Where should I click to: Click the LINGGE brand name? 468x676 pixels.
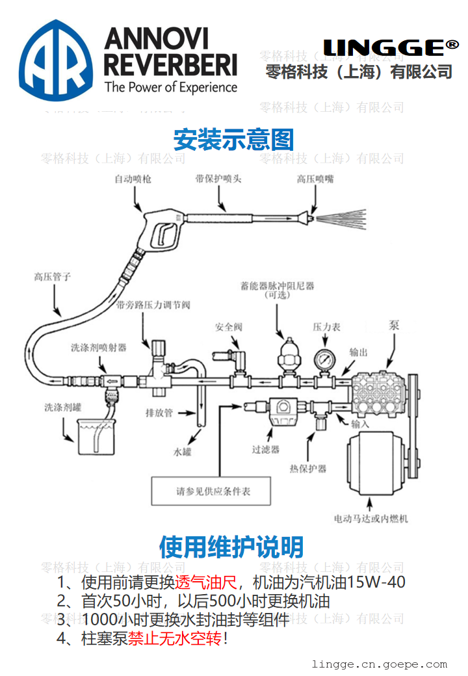point(391,47)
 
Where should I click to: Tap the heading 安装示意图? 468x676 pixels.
point(233,139)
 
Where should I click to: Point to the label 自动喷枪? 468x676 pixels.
point(133,178)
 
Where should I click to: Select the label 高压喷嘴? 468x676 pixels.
point(315,179)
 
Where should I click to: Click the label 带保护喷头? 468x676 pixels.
point(218,178)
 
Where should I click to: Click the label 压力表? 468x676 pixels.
point(326,327)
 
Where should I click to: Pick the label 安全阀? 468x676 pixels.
point(229,327)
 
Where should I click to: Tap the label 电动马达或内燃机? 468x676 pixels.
point(371,519)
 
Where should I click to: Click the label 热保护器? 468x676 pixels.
point(308,468)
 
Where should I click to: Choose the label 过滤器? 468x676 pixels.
point(265,448)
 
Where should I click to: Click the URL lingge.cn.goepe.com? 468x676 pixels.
point(380,664)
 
